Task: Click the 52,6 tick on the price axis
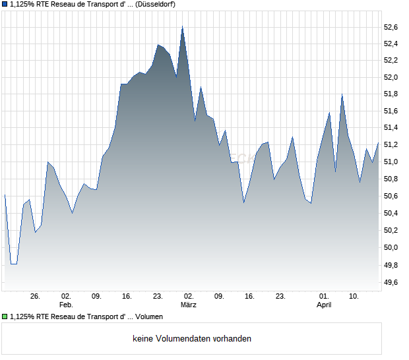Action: coord(391,27)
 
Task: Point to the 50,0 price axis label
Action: coord(391,248)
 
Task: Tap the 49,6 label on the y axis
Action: coord(391,282)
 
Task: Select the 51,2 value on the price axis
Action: coord(391,145)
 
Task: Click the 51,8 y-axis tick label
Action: coord(391,94)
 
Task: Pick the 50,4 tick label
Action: coord(391,214)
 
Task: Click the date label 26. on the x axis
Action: coord(36,297)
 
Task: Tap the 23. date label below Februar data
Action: coord(158,297)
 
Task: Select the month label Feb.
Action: coord(66,305)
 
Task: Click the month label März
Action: coord(189,305)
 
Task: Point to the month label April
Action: coord(324,305)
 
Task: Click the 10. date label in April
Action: coord(354,297)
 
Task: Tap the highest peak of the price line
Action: coord(182,26)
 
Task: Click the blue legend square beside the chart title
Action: coord(5,4)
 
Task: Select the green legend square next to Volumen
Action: coord(5,317)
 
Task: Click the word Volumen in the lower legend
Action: coord(149,317)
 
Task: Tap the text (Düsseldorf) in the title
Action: coord(155,4)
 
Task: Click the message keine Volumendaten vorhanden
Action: coord(192,339)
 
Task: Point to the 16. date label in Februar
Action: coord(127,297)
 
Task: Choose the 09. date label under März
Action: coord(219,297)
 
